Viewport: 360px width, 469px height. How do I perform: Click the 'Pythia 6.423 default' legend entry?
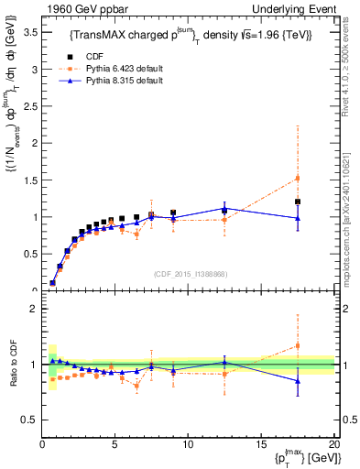click(x=121, y=69)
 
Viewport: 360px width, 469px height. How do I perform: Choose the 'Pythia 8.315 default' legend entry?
click(x=121, y=81)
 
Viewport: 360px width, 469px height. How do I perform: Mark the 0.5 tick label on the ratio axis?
click(x=27, y=420)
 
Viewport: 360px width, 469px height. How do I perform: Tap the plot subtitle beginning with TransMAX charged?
click(x=191, y=36)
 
